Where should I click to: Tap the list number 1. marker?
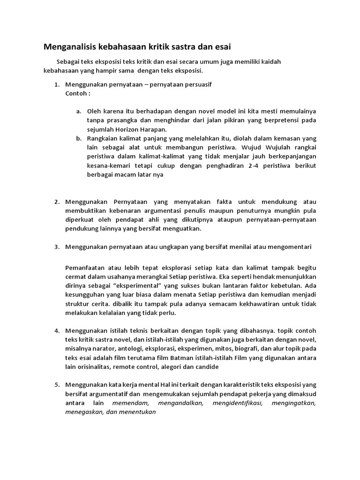(x=56, y=85)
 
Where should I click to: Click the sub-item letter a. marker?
(x=79, y=112)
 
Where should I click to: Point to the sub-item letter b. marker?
(x=79, y=138)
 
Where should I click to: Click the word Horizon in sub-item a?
(x=128, y=129)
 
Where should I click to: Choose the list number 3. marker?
(x=56, y=246)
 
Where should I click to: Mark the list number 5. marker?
(x=56, y=385)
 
